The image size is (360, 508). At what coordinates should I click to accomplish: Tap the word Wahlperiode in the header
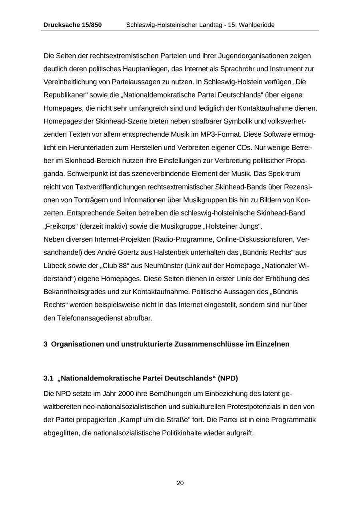point(257,25)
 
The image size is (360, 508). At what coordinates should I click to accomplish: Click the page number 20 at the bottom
point(180,483)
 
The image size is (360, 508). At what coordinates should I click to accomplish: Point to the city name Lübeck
point(55,265)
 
